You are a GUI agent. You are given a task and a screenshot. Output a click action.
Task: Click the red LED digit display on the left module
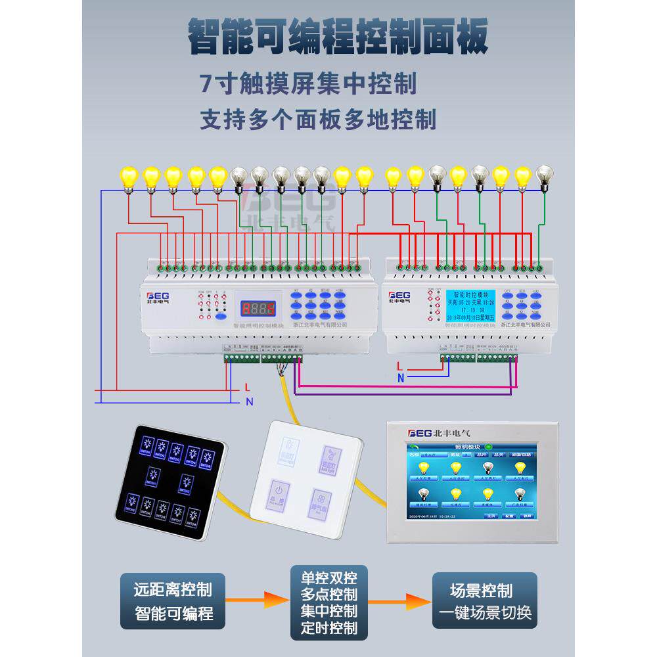tap(256, 307)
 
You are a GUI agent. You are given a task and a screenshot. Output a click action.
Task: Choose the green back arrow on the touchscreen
tap(413, 447)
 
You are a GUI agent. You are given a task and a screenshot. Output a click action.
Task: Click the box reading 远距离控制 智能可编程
tap(173, 600)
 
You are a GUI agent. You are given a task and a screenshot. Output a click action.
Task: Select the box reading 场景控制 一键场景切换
tap(484, 600)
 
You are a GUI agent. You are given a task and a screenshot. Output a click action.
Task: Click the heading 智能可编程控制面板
tap(338, 37)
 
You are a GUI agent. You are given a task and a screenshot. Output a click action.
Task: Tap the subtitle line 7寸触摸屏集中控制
tap(308, 83)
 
